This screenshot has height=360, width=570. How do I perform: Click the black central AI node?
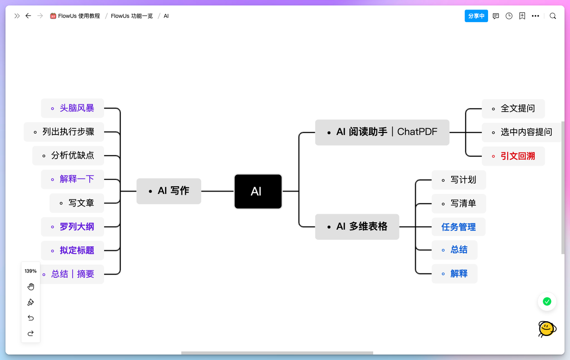point(258,191)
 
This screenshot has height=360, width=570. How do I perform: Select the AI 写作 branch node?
point(169,191)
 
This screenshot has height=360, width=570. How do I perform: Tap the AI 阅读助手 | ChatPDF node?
point(382,132)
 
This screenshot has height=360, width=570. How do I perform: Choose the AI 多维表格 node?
point(357,227)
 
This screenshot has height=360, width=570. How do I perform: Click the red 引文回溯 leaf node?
point(513,156)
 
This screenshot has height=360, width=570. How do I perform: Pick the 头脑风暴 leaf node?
point(72,108)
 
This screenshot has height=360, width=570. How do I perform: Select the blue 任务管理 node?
point(458,227)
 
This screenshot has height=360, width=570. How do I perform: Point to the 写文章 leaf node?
point(77,203)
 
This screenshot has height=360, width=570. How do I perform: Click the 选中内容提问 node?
point(522,132)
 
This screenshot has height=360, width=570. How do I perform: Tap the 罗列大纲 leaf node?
point(72,227)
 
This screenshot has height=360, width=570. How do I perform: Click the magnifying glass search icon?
point(553,16)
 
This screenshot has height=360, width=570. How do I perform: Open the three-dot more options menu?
point(536,16)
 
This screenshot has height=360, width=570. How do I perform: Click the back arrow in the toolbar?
point(28,16)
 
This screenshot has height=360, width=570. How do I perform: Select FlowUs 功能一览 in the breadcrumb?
point(132,16)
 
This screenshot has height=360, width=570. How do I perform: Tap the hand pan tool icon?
point(31,287)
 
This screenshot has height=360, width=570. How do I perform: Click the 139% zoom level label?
point(30,271)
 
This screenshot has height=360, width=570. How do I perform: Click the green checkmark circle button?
point(547,302)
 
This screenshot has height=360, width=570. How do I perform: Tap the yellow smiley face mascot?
point(547,329)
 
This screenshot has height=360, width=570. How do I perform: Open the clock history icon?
point(509,16)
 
